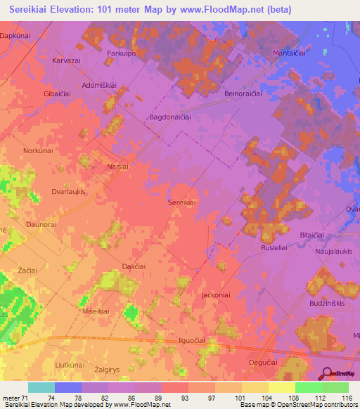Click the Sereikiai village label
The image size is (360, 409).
click(x=181, y=202)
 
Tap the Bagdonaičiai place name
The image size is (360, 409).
click(x=170, y=118)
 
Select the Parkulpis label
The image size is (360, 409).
click(x=120, y=53)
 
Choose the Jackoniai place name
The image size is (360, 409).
click(x=216, y=295)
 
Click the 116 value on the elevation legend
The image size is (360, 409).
click(x=345, y=398)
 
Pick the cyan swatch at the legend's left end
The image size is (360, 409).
click(x=41, y=387)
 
